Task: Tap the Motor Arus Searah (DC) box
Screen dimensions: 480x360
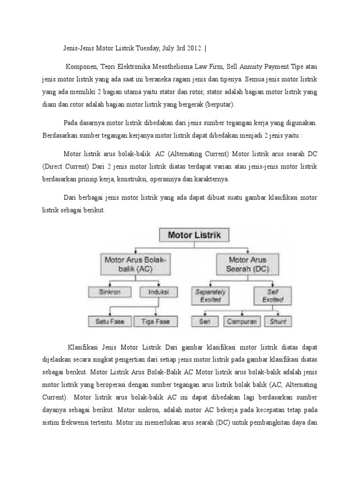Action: click(247, 264)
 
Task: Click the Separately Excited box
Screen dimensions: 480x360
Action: click(210, 295)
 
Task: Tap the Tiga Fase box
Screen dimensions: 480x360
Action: click(152, 321)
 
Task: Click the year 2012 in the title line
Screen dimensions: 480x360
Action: click(190, 48)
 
